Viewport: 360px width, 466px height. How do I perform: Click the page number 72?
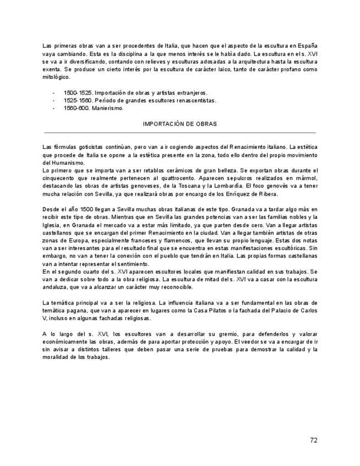coord(313,440)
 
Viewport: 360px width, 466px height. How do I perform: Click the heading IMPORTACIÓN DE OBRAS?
coord(180,124)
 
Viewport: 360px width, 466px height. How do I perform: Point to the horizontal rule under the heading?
coord(180,132)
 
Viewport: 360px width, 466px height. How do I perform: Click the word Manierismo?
coord(109,108)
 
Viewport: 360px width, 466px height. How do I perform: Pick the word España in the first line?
coord(308,46)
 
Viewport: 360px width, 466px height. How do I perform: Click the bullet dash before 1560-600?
coord(53,108)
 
